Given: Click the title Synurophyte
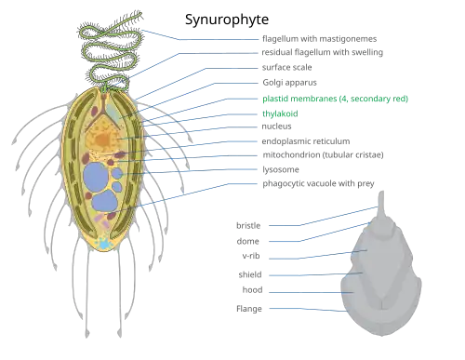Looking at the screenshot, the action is pos(227,20).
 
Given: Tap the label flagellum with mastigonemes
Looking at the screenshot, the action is pos(319,39).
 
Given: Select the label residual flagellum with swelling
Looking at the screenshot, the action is pos(322,52).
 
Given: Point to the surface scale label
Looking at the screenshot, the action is pos(286,67).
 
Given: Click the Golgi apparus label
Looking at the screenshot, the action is pos(289,83).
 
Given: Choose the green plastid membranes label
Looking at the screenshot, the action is pos(335,99).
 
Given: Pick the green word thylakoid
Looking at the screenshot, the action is pos(280,113).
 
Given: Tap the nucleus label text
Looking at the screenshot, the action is pos(276,127).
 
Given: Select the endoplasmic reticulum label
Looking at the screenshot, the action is pos(306,141).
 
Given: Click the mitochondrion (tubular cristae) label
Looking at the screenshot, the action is pos(323,154).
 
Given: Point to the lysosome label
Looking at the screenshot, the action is pos(281,169).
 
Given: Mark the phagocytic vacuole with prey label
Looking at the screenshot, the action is pos(318,183).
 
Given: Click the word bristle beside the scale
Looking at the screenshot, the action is pos(248,225).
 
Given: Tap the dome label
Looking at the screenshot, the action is pos(247,241).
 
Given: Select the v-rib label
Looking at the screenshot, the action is pos(251,256).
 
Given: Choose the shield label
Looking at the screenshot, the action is pos(250,274).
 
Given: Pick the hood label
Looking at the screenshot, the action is pos(252,290).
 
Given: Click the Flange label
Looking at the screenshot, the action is pos(249,309).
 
